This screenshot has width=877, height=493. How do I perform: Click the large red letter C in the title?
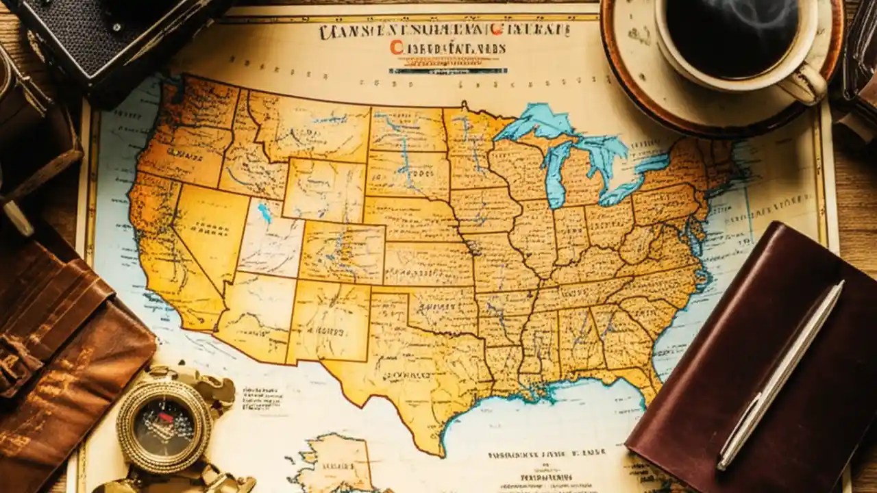tap(396, 47)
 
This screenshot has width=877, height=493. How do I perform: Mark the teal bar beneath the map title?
tap(448, 70)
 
